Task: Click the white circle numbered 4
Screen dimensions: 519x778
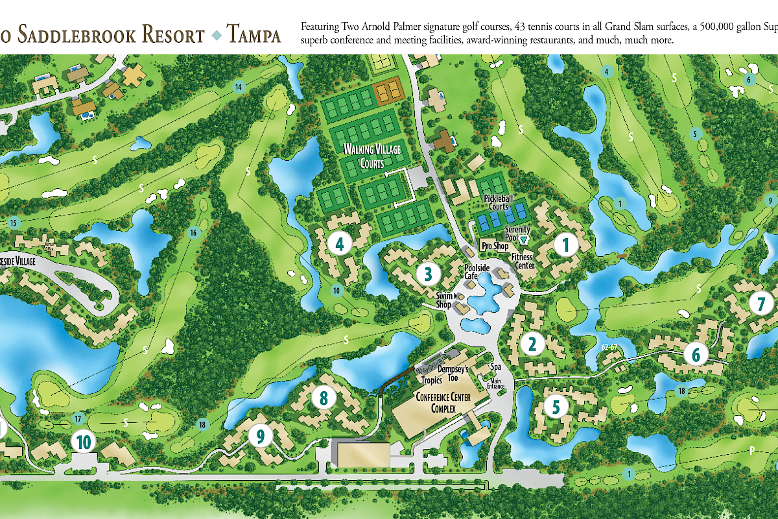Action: pos(340,244)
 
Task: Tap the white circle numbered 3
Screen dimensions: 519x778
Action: pos(428,274)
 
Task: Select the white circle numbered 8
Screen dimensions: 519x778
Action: pos(324,397)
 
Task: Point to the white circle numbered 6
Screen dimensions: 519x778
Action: pos(696,354)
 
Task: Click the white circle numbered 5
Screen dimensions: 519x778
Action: pos(556,407)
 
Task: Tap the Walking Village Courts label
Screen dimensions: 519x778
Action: pos(373,156)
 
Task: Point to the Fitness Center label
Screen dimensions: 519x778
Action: pos(523,261)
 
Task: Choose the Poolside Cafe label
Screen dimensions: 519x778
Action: pos(471,272)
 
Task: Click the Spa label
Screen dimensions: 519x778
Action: pos(497,367)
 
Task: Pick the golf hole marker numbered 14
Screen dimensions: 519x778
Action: pos(239,87)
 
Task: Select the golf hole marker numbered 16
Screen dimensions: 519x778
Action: pos(193,232)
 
